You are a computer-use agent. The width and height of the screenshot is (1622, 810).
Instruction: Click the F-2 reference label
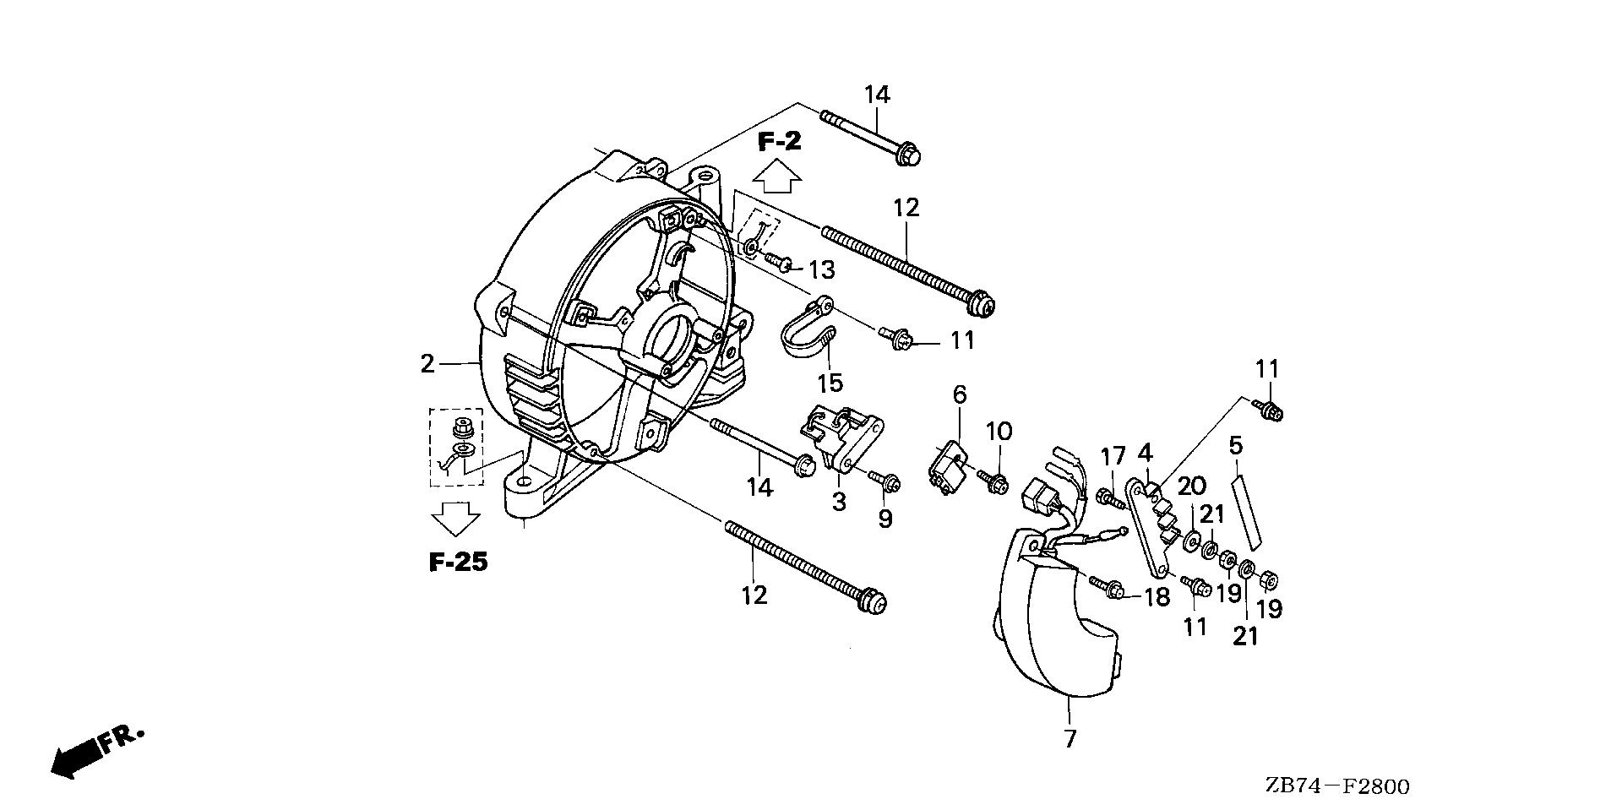(x=778, y=142)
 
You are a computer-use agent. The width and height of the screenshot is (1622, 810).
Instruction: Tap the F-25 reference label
(x=458, y=563)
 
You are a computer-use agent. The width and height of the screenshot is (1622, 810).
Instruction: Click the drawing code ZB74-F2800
(x=1336, y=787)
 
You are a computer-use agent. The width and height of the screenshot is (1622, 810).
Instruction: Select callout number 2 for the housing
(x=427, y=364)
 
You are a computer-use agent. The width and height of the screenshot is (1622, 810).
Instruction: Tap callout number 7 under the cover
(x=1070, y=739)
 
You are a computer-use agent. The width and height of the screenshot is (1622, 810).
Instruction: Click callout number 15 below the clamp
(x=830, y=383)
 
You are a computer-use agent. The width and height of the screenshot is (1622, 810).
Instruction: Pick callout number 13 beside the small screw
(x=821, y=270)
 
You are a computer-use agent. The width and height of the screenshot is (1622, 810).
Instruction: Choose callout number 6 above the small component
(x=960, y=394)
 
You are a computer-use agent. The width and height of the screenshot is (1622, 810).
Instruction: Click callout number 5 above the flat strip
(x=1236, y=444)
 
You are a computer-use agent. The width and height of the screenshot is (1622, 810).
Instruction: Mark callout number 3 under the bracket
(x=838, y=502)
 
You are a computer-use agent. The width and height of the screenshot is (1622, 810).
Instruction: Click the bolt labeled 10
(x=995, y=483)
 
